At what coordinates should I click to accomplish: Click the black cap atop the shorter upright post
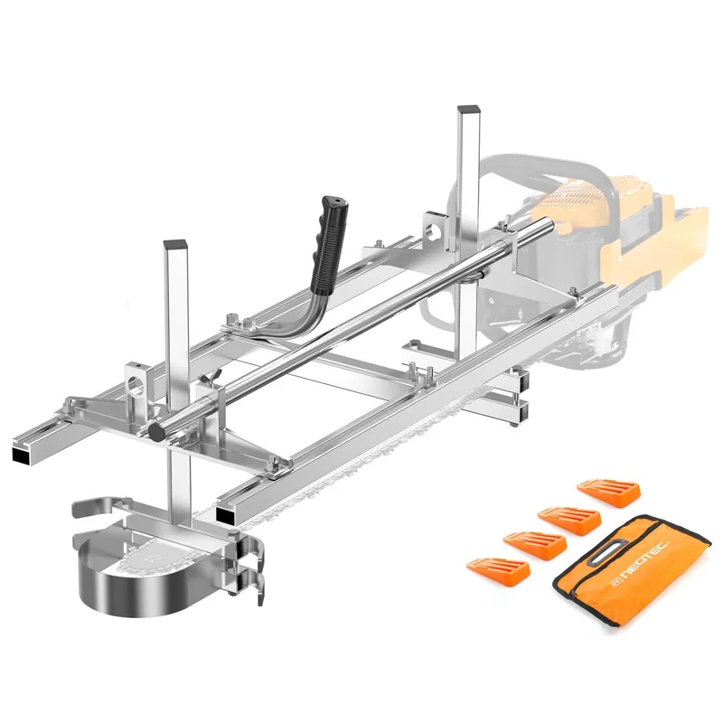coord(174,244)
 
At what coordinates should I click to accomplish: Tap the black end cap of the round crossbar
coord(157,432)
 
